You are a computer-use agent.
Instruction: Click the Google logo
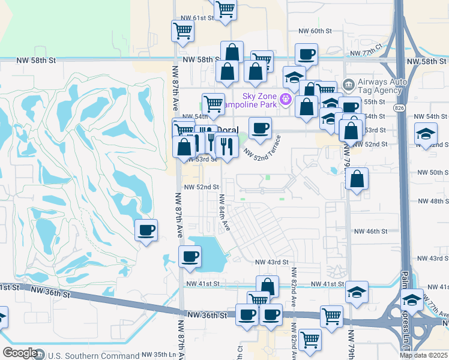(20, 353)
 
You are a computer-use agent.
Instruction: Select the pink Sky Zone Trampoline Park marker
(286, 98)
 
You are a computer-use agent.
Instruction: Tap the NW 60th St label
(315, 31)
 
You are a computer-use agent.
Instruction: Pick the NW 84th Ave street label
(224, 212)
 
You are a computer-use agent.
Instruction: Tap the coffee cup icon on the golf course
(146, 230)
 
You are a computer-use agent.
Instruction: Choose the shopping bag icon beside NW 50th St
(357, 178)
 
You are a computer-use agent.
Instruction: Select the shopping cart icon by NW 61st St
(182, 30)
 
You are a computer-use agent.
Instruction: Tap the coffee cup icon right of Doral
(260, 128)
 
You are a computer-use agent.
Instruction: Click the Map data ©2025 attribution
(423, 355)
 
